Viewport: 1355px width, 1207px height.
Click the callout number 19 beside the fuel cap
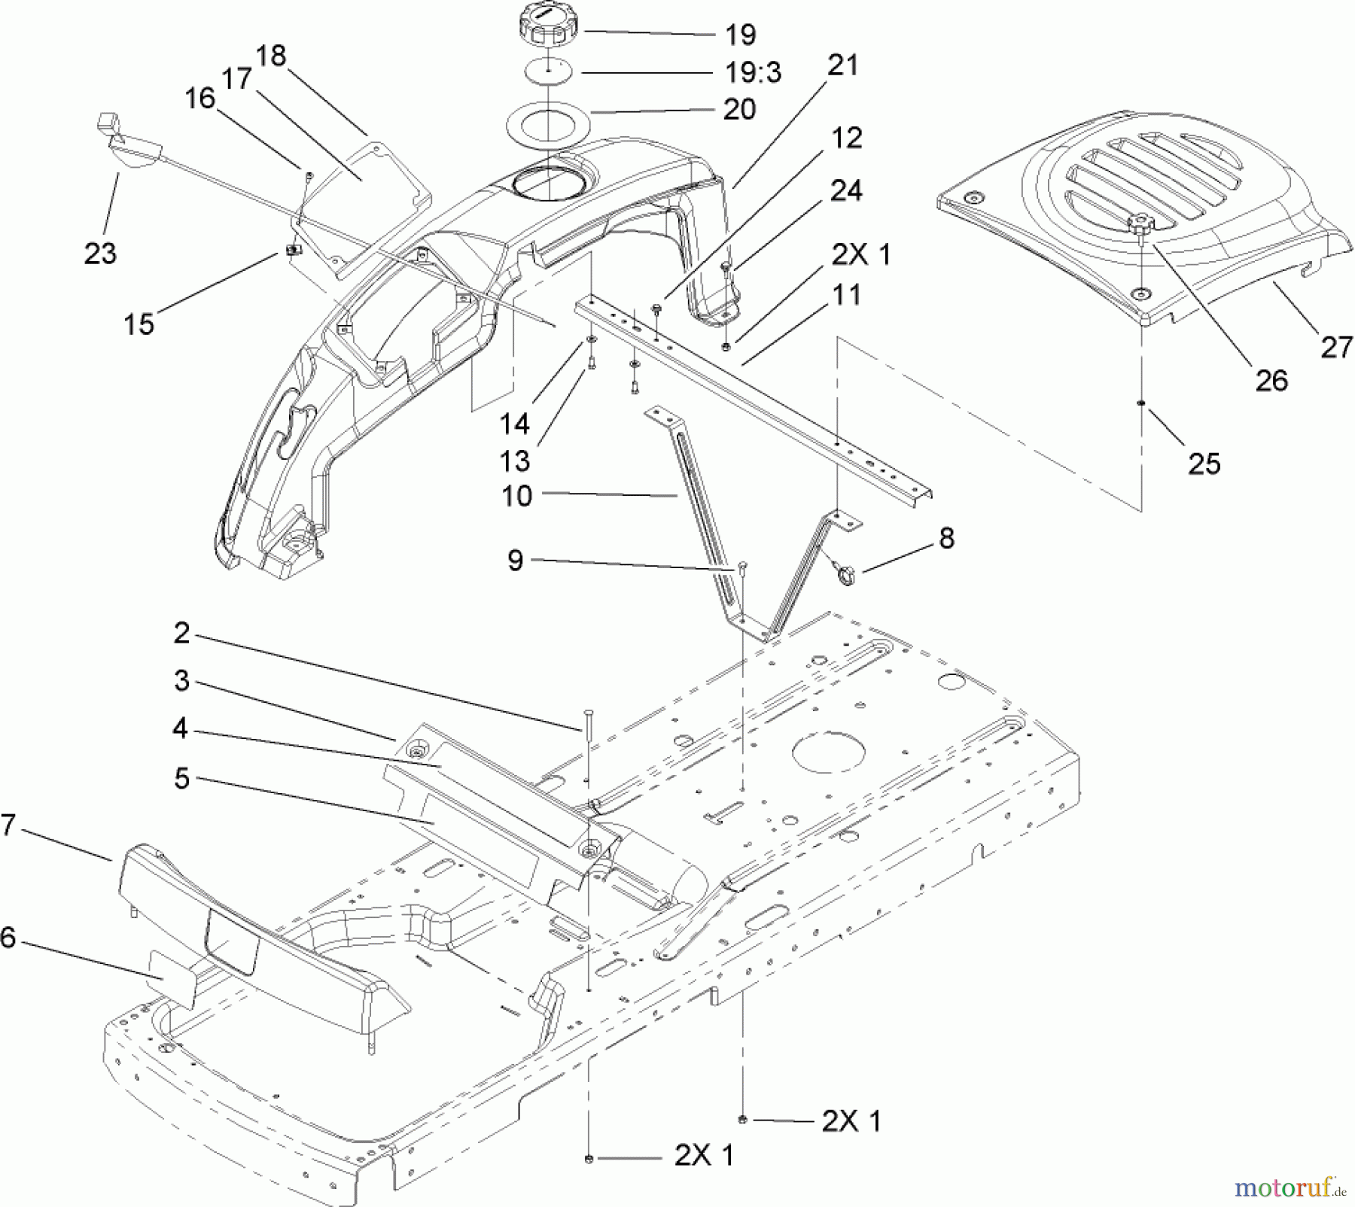coord(740,35)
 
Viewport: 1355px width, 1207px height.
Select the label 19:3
coord(753,73)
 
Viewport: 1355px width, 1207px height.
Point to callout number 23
coord(100,254)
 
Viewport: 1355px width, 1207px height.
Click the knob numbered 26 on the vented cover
coord(1144,223)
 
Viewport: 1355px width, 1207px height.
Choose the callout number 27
coord(1336,348)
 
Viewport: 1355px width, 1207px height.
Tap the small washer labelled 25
coord(1142,403)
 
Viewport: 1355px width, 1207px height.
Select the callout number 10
coord(516,496)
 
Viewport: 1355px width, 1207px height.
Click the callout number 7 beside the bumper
coord(8,825)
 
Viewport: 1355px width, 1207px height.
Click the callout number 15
coord(139,324)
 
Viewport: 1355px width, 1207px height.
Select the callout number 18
coord(271,56)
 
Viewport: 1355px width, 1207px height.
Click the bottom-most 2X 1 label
coord(703,1155)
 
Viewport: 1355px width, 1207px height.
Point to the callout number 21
coord(843,66)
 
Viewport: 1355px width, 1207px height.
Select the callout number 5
coord(181,779)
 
